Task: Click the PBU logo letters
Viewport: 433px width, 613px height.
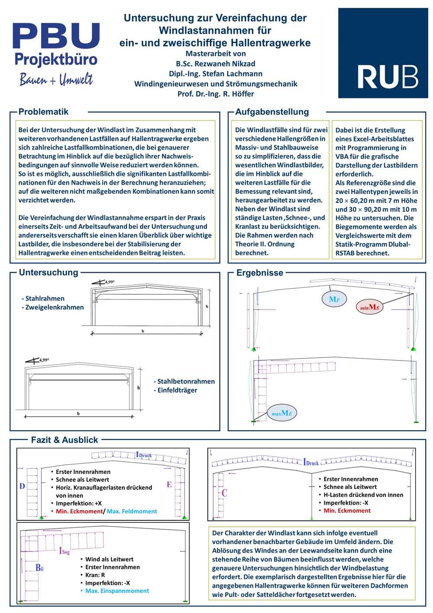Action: tap(56, 36)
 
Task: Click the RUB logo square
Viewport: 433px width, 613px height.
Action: tap(383, 53)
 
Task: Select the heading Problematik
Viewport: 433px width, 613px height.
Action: tap(43, 112)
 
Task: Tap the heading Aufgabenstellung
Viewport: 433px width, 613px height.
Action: tap(272, 112)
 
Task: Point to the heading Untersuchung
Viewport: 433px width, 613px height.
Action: tap(48, 273)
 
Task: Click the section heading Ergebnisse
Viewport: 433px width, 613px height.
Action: tap(260, 273)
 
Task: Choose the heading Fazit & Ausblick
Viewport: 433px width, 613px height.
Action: tap(65, 440)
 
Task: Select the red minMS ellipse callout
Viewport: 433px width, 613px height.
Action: tap(369, 307)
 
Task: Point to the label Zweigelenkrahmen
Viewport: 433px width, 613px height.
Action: tap(55, 307)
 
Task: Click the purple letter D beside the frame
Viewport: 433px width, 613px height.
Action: tap(22, 486)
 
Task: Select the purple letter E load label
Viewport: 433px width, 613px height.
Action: tap(169, 484)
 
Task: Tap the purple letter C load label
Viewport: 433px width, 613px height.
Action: tap(224, 493)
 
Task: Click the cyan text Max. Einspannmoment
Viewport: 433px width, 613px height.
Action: tap(117, 590)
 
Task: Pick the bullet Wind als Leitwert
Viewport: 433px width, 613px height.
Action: tap(109, 559)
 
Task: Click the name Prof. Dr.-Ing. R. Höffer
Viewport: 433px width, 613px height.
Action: tap(216, 94)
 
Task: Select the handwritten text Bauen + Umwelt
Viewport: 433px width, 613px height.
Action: tap(56, 80)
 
